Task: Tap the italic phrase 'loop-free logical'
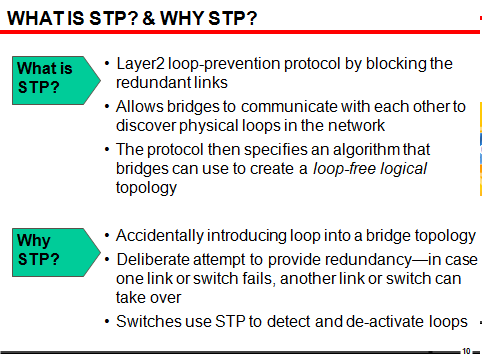(x=370, y=168)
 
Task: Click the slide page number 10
(x=466, y=352)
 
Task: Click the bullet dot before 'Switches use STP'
(x=107, y=321)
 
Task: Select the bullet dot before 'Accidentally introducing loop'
(x=107, y=236)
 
